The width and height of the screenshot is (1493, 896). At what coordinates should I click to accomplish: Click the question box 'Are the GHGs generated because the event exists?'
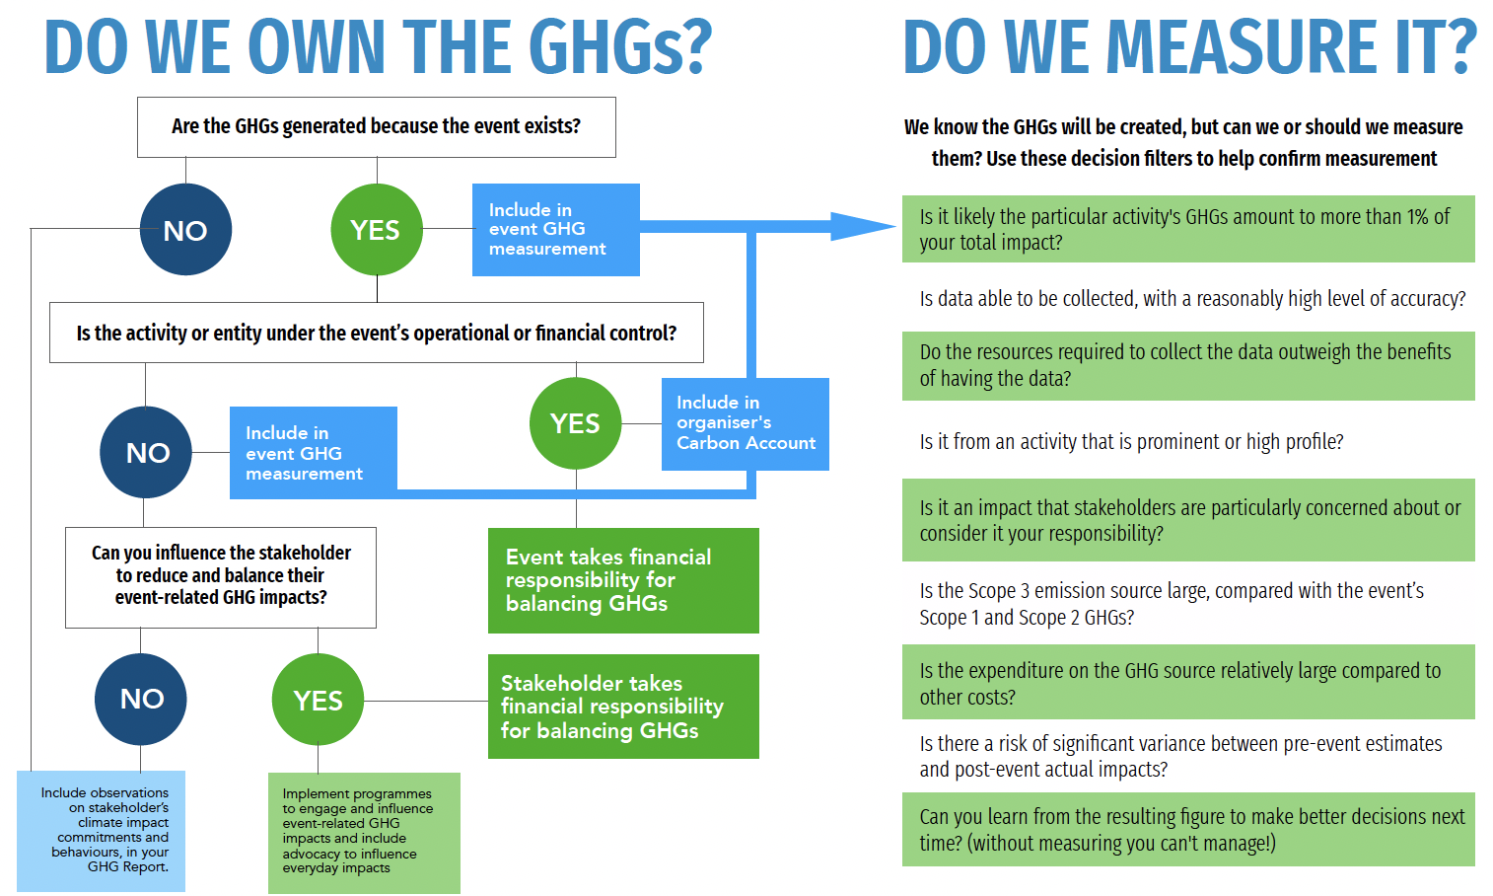(376, 127)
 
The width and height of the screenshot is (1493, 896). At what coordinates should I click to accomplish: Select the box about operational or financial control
(376, 333)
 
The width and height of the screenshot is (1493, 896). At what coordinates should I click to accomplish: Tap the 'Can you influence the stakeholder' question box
(221, 576)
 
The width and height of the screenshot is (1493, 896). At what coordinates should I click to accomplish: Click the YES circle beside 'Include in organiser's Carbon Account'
(576, 423)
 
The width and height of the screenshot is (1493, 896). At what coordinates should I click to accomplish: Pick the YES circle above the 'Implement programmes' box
(318, 700)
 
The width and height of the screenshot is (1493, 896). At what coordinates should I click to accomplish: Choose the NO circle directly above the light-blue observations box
(141, 699)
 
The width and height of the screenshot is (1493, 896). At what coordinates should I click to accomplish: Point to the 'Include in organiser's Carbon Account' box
(745, 423)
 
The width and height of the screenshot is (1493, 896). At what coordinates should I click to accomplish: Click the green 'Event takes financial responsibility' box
(623, 580)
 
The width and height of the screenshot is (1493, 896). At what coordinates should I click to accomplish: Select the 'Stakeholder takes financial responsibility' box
(623, 707)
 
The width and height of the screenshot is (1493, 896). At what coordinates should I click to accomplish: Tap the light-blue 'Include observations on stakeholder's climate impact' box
(102, 832)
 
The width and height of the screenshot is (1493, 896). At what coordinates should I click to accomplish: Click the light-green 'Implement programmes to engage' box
(364, 833)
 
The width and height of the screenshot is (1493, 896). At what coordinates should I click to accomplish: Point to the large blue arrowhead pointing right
(860, 227)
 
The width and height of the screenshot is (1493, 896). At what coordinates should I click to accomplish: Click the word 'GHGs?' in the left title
(618, 47)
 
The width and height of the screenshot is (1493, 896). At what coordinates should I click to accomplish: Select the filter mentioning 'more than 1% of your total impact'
(1187, 229)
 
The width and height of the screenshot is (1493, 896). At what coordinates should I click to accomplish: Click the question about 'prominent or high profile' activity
(1131, 442)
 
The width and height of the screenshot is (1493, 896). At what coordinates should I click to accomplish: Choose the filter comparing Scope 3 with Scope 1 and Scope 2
(1172, 604)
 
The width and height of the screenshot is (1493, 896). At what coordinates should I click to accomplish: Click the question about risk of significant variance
(1180, 756)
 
